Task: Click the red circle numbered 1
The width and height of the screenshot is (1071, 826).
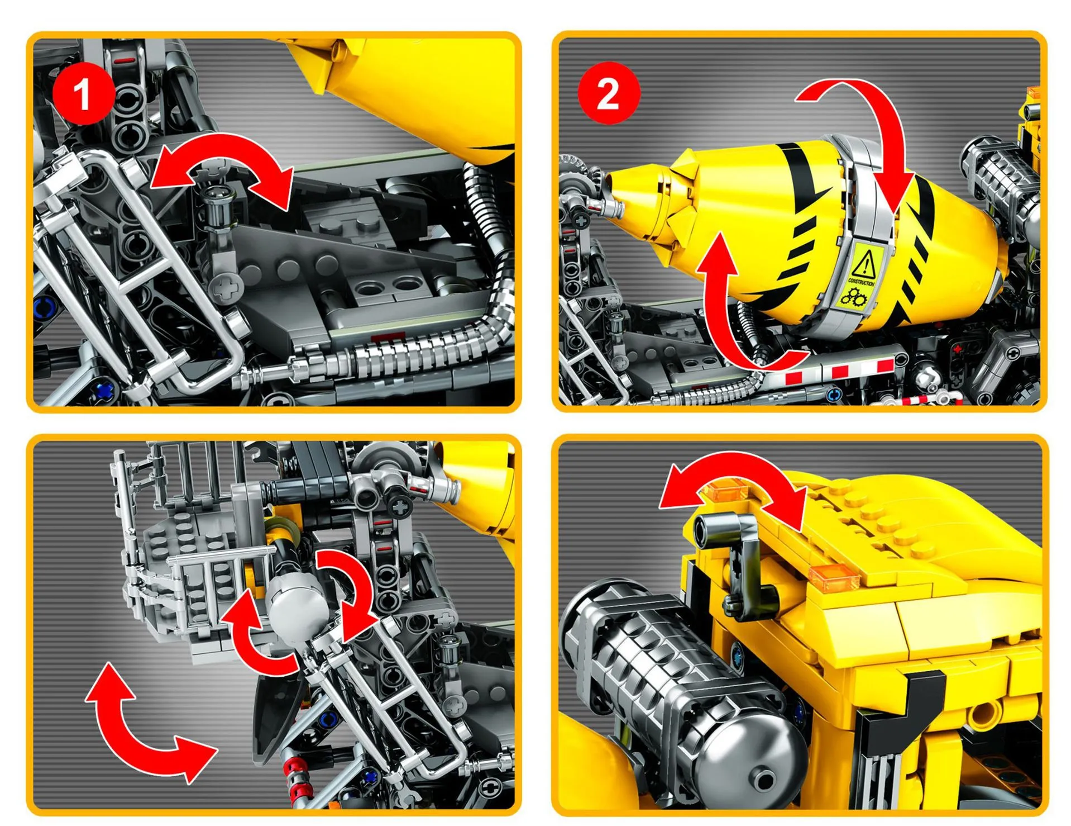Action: pyautogui.click(x=83, y=93)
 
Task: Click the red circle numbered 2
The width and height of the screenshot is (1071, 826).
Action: pyautogui.click(x=608, y=93)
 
